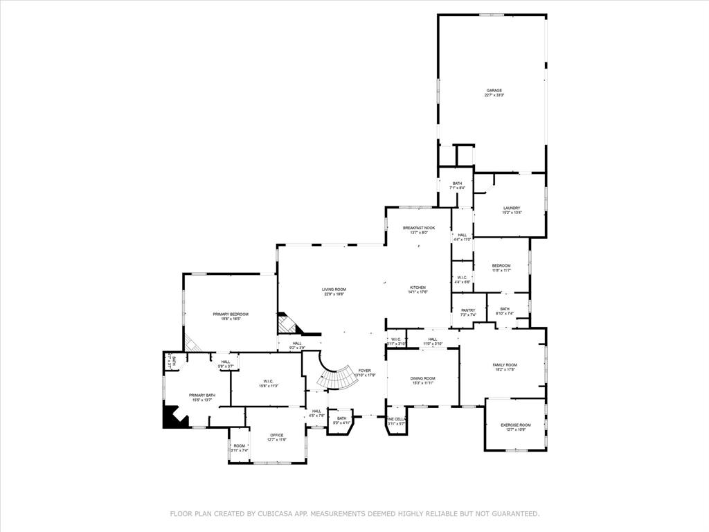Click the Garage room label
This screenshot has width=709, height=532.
(x=494, y=90)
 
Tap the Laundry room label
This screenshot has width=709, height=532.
(x=512, y=209)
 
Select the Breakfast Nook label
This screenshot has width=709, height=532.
(x=419, y=228)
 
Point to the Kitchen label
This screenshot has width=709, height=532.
(x=418, y=287)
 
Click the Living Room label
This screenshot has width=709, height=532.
(x=334, y=290)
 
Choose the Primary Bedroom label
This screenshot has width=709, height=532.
(x=231, y=314)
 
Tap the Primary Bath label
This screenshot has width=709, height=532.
(x=202, y=396)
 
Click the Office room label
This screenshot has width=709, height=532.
(x=277, y=435)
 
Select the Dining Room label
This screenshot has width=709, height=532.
(x=423, y=378)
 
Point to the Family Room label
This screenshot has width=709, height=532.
(x=505, y=365)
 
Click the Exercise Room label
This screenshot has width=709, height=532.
(x=516, y=425)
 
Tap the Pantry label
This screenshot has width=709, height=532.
(x=468, y=310)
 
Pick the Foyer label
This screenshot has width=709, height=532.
(x=364, y=371)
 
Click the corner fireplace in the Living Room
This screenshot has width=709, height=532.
(x=286, y=324)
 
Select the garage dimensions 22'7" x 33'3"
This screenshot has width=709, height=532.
(x=494, y=96)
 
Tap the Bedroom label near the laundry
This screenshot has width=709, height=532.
(x=501, y=266)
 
